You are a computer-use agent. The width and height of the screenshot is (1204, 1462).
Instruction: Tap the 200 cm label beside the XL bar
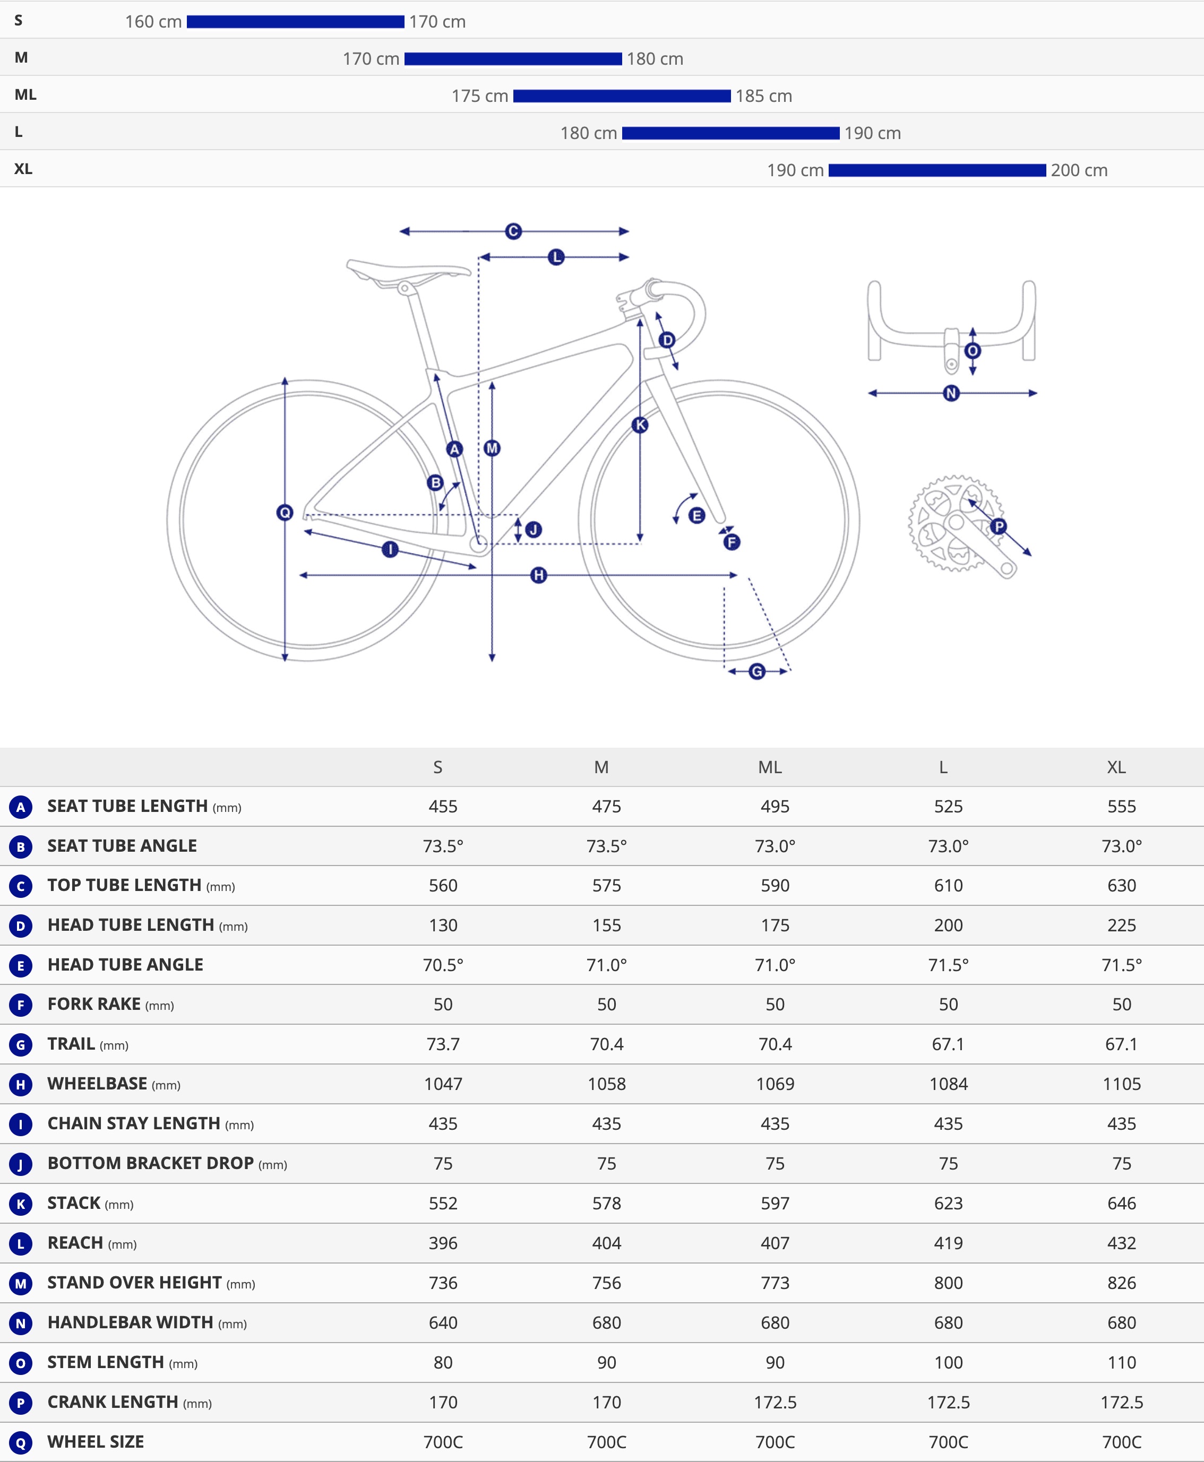pos(1079,170)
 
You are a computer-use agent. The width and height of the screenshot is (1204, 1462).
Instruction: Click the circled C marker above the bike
pos(513,231)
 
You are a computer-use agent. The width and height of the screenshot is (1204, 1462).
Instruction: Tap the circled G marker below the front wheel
pos(756,671)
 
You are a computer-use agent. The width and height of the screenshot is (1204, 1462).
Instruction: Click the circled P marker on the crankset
pos(998,526)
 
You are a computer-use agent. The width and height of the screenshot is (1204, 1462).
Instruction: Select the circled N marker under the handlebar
pos(951,393)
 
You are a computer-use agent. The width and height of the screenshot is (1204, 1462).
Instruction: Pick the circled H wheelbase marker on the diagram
pos(538,575)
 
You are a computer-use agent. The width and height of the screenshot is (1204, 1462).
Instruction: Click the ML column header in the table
pos(770,767)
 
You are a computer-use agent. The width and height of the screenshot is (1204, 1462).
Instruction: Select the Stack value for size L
pos(948,1204)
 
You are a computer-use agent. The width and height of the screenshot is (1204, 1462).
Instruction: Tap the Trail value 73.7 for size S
pos(443,1044)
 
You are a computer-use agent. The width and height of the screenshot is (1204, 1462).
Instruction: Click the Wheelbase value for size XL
pos(1122,1084)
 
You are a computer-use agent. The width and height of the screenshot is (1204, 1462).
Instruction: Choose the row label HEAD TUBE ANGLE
pos(125,965)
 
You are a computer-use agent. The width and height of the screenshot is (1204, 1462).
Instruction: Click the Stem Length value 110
pos(1122,1363)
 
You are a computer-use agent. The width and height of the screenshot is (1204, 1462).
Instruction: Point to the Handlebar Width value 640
pos(443,1322)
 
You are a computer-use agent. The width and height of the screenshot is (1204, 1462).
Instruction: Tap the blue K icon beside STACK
pos(21,1204)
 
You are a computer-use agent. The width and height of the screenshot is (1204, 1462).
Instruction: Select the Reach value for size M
pos(606,1243)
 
